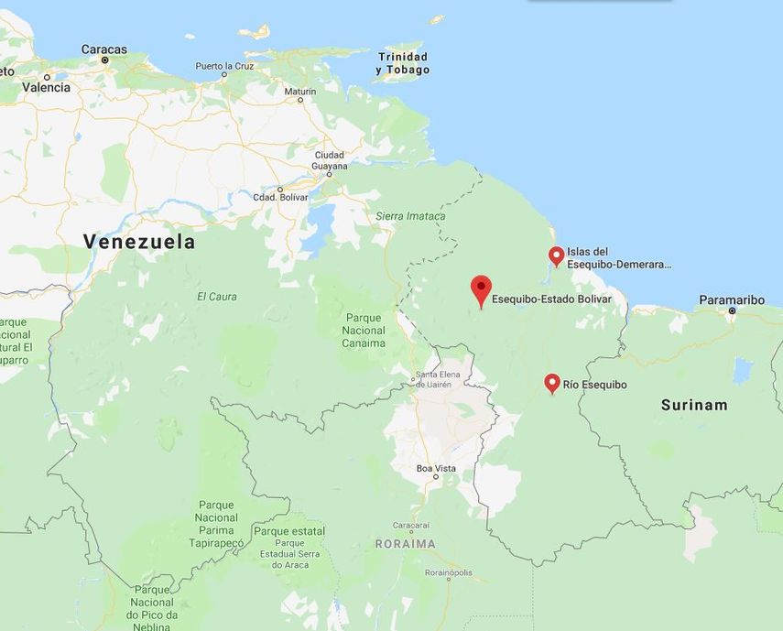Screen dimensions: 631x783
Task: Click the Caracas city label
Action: [x=103, y=49]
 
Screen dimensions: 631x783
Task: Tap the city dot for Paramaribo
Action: [x=732, y=311]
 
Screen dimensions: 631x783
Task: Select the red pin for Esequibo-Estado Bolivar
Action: [x=481, y=290]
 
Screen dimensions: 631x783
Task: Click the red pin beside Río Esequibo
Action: [x=551, y=383]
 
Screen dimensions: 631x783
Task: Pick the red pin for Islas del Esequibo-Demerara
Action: [x=556, y=256]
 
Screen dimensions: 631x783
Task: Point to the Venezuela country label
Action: [x=139, y=242]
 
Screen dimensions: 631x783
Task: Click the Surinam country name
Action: [x=694, y=405]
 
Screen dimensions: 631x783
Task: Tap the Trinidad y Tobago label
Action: [x=402, y=63]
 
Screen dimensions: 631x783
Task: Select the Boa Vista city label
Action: [x=436, y=468]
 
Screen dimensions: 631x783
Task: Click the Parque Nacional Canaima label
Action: [x=364, y=331]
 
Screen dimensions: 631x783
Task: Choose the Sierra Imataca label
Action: [x=410, y=216]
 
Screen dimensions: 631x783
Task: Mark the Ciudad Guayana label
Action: [x=330, y=160]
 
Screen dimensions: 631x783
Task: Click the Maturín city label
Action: [x=299, y=92]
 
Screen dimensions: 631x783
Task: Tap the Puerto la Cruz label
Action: [x=224, y=66]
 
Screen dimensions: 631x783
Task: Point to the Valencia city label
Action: [x=46, y=88]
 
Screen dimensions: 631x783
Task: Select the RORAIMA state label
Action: [x=405, y=544]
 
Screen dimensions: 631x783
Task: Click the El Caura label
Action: [x=216, y=297]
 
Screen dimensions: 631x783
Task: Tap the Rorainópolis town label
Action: [x=448, y=571]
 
